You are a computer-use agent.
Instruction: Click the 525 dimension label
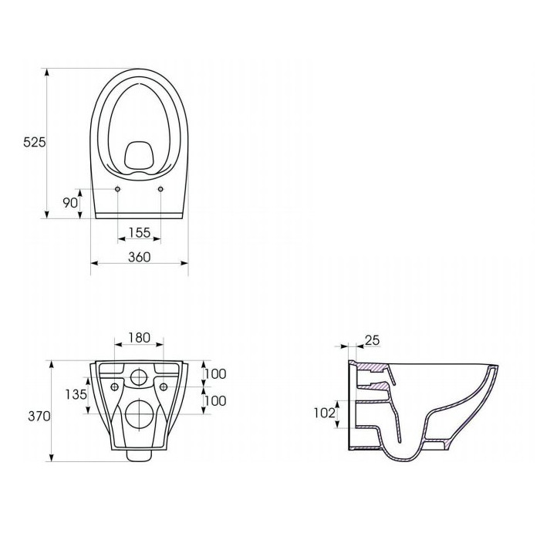[x=35, y=142]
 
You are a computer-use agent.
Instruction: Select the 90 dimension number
[x=70, y=203]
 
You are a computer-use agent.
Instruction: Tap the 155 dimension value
[x=140, y=232]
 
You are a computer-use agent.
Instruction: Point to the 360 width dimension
[x=140, y=257]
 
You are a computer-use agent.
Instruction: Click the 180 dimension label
[x=140, y=338]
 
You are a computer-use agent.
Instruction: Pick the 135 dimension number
[x=76, y=394]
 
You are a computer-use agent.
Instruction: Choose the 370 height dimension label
[x=39, y=416]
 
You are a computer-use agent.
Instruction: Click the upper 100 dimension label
[x=215, y=373]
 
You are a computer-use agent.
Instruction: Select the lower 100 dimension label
[x=215, y=400]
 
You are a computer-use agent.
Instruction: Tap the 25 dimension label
[x=372, y=340]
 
